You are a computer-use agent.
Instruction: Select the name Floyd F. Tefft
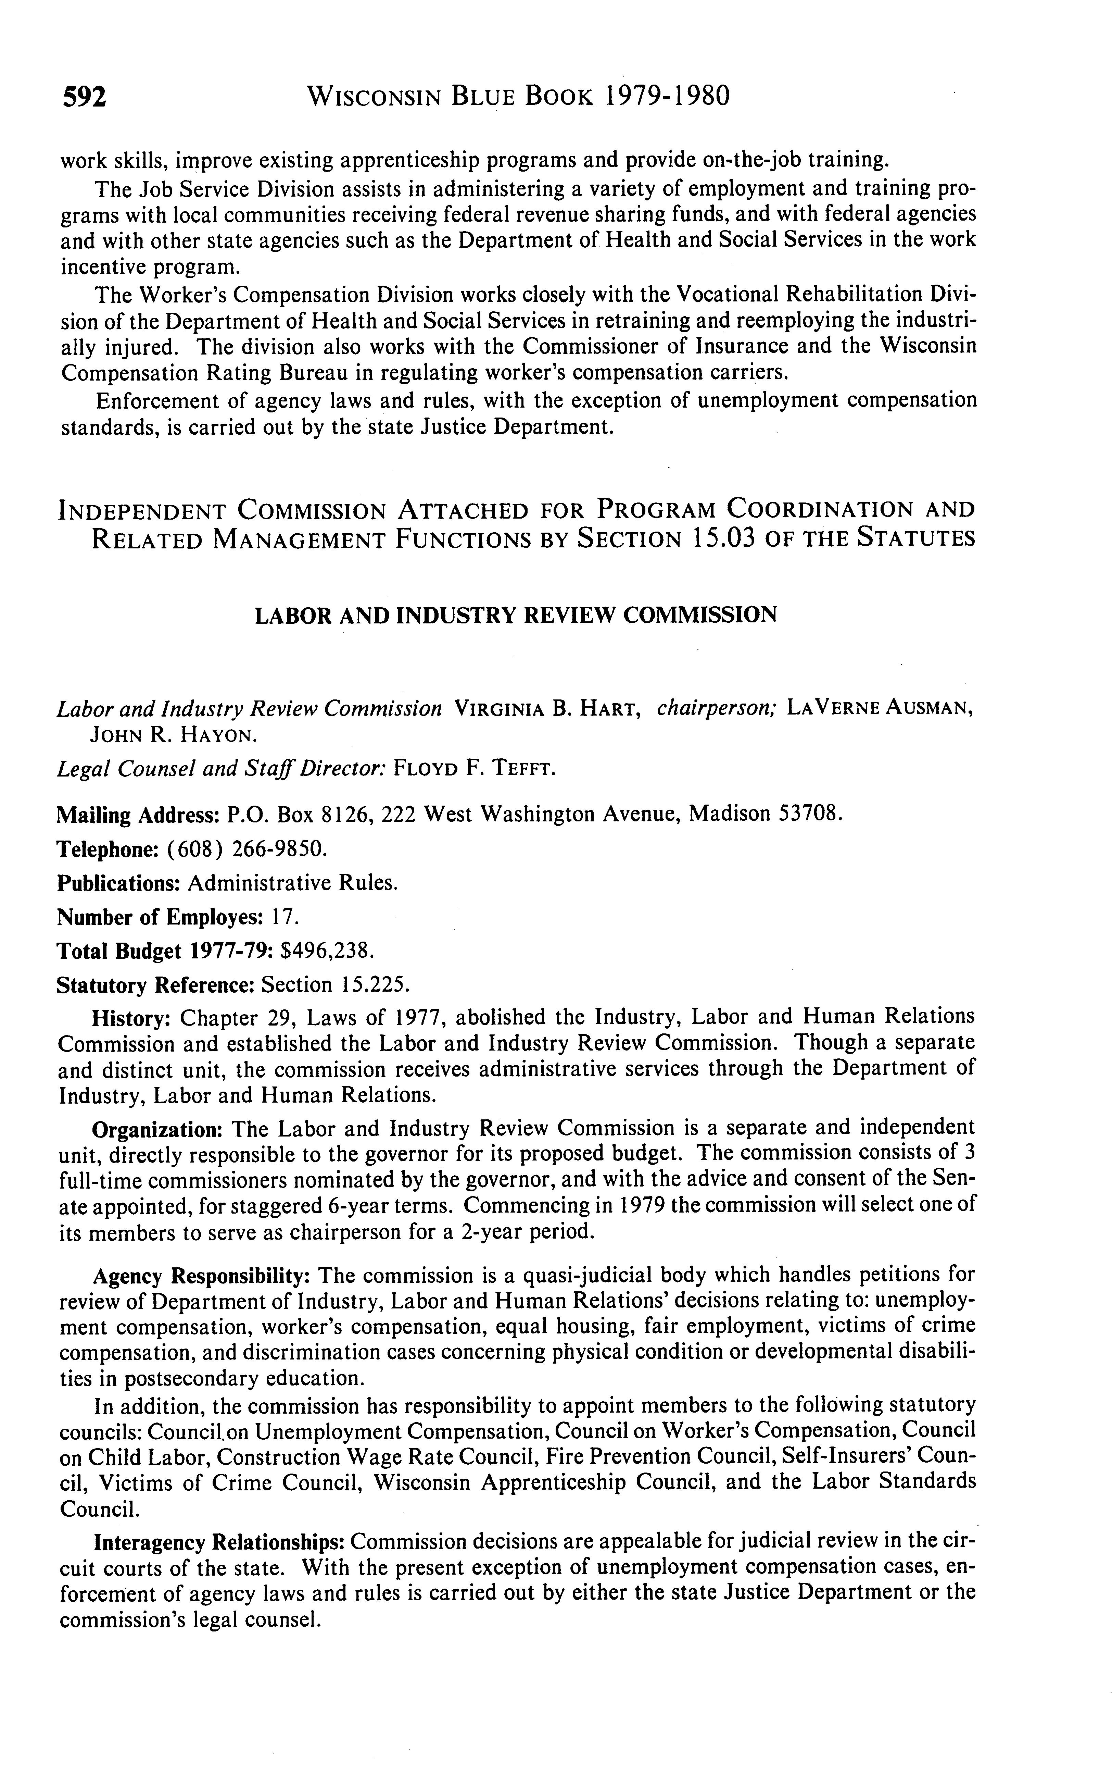pyautogui.click(x=475, y=770)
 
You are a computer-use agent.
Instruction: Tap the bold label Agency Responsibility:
pyautogui.click(x=202, y=1275)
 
